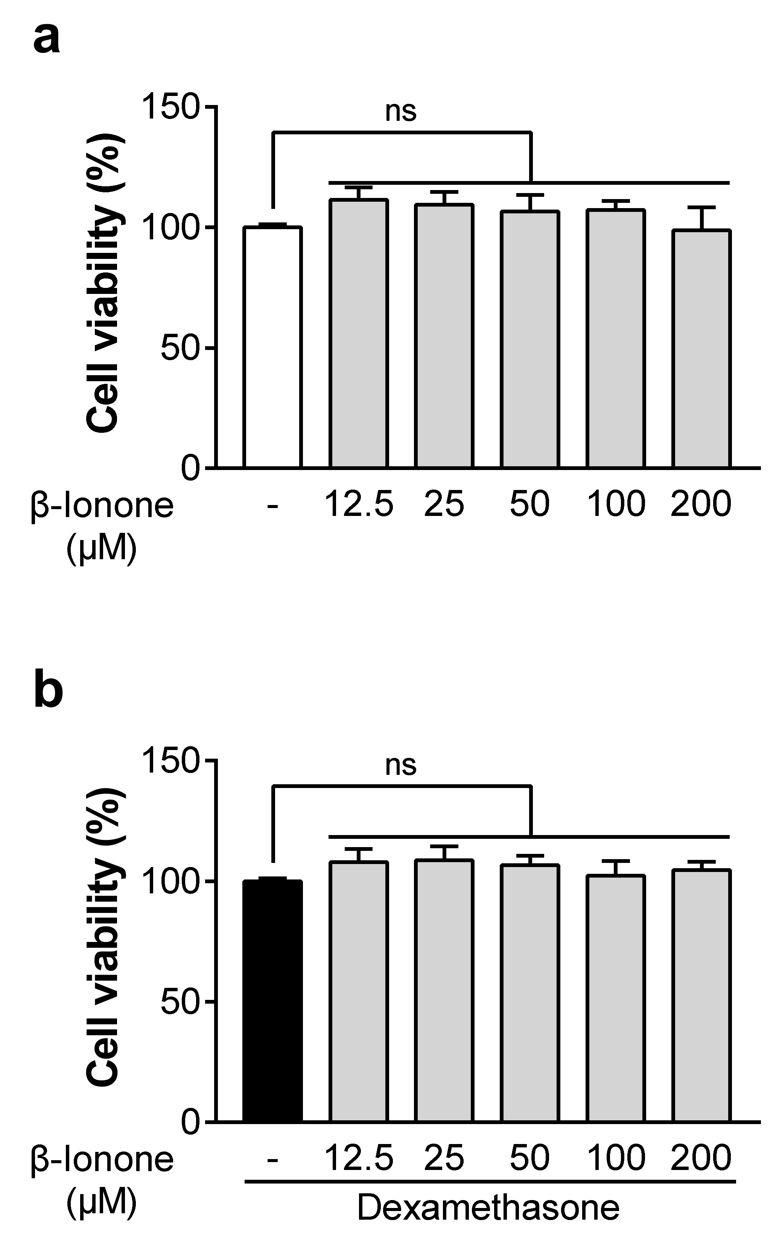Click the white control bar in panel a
272,347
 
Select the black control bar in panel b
272,1001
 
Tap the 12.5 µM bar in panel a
358,334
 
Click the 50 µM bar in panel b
529,993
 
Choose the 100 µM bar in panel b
615,998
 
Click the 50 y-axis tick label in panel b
180,1002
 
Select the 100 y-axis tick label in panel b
171,881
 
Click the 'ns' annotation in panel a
401,112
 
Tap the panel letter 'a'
47,39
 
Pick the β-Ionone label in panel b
102,1159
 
